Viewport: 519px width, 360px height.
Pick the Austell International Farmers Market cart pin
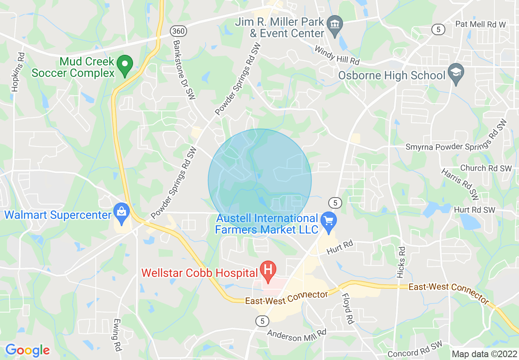328,221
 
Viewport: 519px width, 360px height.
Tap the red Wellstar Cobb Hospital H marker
269,270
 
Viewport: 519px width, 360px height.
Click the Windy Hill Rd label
337,55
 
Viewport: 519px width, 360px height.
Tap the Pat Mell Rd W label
481,25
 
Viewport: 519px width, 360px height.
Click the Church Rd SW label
486,168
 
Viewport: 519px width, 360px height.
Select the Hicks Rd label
401,262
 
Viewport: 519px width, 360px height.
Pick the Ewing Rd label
117,335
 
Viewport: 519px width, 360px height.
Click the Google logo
27,350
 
